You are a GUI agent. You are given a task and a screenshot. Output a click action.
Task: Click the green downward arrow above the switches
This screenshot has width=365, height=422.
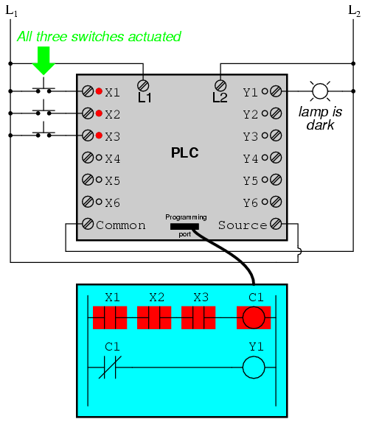(44, 60)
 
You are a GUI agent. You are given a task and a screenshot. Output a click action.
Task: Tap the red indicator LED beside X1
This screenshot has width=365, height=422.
(99, 91)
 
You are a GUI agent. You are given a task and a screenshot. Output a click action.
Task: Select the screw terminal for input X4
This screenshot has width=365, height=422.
(88, 158)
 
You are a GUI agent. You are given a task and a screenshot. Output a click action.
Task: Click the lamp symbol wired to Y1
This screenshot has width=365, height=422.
(320, 91)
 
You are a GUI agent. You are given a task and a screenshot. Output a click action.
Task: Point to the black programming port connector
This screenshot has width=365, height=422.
(184, 227)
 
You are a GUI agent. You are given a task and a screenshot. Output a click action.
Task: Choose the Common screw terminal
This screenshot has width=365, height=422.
(88, 224)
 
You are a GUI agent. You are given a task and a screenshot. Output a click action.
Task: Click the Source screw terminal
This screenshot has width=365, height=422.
(276, 224)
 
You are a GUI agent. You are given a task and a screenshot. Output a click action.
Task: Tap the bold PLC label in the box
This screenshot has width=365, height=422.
(185, 152)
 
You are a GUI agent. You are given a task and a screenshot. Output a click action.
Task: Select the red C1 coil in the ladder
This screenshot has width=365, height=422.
(254, 317)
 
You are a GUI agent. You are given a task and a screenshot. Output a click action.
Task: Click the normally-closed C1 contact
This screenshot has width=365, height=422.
(110, 367)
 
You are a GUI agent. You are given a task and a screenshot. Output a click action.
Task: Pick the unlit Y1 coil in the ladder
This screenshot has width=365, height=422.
(254, 367)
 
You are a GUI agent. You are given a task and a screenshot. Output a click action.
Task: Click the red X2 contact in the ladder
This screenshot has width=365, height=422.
(154, 317)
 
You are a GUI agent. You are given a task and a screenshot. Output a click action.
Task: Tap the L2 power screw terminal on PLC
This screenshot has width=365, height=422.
(220, 86)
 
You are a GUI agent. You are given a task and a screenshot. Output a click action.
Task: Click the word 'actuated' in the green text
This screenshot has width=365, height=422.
(154, 37)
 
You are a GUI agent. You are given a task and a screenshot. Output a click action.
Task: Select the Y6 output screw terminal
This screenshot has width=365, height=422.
(276, 202)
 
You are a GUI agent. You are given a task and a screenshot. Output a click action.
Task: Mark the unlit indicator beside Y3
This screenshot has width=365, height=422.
(265, 136)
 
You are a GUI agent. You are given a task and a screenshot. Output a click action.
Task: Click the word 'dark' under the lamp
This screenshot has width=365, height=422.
(320, 125)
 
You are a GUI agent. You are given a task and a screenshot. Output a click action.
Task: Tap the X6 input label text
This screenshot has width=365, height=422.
(112, 203)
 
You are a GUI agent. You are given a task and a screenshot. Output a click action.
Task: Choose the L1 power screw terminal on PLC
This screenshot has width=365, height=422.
(143, 86)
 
